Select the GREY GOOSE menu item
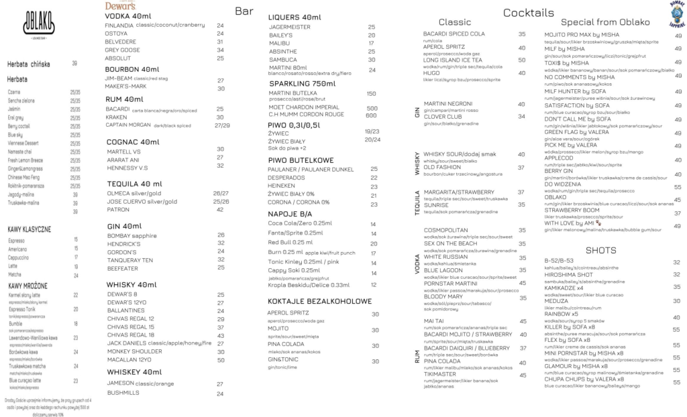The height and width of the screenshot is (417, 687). coord(123,50)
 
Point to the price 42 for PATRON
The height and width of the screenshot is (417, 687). coord(220,210)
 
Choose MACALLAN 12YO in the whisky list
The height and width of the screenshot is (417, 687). coord(128,359)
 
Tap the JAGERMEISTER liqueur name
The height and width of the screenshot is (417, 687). coord(288,27)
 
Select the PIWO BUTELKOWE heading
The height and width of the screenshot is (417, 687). coord(301,160)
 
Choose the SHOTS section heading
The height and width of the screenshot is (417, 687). coord(601,250)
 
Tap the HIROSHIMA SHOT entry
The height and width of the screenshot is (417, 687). coord(569,274)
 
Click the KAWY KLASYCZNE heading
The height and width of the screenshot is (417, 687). coord(30,229)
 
